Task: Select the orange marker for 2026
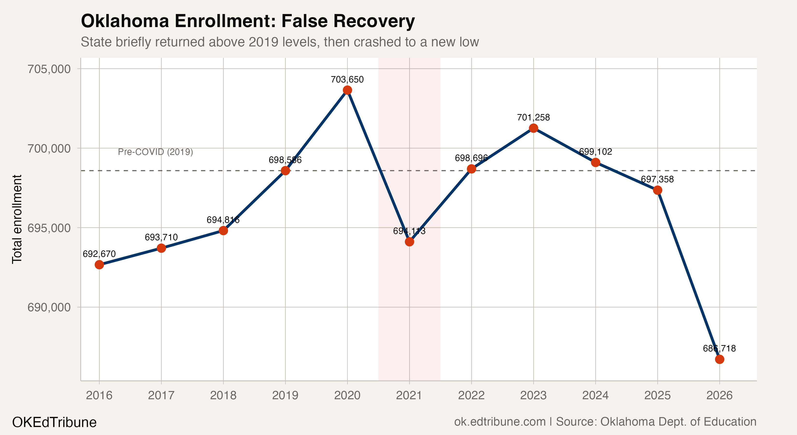click(719, 359)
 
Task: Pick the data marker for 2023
click(534, 128)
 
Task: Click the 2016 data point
click(99, 265)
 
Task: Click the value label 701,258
click(534, 118)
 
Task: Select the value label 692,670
click(99, 254)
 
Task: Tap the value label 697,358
click(657, 180)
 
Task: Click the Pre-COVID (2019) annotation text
click(155, 152)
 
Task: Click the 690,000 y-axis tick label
click(50, 307)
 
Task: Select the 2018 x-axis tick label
click(223, 395)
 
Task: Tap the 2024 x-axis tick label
click(595, 395)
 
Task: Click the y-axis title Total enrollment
click(17, 219)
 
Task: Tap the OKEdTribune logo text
click(54, 422)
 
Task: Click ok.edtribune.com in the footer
click(500, 422)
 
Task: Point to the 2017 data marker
click(161, 248)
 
